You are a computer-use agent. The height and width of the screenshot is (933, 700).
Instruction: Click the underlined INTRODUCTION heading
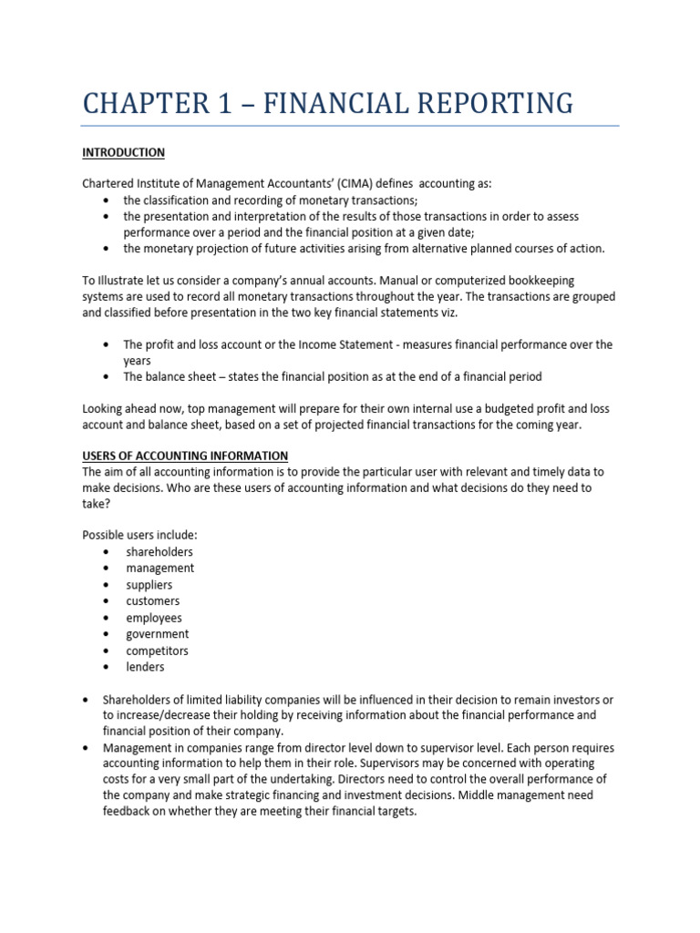pos(123,152)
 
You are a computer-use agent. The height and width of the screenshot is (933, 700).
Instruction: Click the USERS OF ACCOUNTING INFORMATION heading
pos(185,456)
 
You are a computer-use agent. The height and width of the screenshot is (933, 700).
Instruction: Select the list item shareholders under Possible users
pos(160,551)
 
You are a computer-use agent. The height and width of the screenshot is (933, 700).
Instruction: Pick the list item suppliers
pos(149,585)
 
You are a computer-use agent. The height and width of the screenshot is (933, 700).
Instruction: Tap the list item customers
pos(152,601)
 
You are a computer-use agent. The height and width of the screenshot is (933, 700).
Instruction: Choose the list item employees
pos(153,618)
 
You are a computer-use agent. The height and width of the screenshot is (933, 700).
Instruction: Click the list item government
pos(157,634)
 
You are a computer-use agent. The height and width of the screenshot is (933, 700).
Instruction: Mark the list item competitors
pos(158,651)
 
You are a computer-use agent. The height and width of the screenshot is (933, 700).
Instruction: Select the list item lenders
pos(145,667)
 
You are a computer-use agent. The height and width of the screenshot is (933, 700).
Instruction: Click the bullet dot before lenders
pos(107,668)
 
